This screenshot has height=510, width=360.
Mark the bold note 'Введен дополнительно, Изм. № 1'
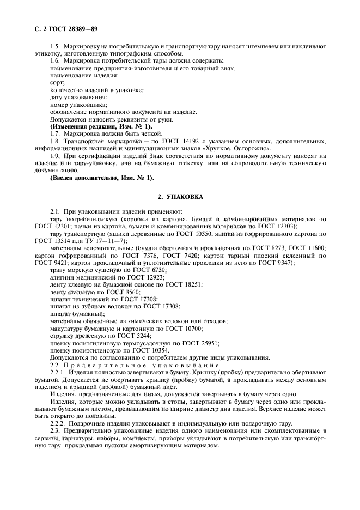[101, 178]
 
